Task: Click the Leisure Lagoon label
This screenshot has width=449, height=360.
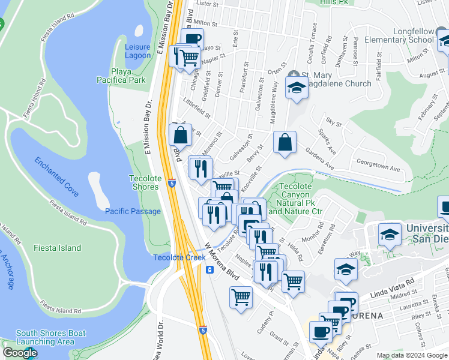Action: [x=137, y=51]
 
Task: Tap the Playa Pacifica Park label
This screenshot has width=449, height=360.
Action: [x=128, y=76]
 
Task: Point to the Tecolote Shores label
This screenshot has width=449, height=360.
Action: [x=144, y=182]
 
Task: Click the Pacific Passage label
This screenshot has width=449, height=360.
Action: [x=133, y=211]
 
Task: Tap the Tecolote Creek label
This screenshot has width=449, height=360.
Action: [x=171, y=257]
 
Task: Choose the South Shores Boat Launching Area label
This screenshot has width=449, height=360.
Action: [x=51, y=338]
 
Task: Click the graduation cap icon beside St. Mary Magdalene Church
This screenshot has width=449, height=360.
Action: [x=296, y=88]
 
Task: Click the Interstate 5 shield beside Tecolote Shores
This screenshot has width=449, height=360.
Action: [x=172, y=183]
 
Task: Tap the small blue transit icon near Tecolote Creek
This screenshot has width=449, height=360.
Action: [x=209, y=269]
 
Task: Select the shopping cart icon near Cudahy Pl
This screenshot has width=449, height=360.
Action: [x=241, y=296]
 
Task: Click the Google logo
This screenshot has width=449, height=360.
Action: [x=20, y=353]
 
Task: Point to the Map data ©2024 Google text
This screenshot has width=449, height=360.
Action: [x=411, y=355]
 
